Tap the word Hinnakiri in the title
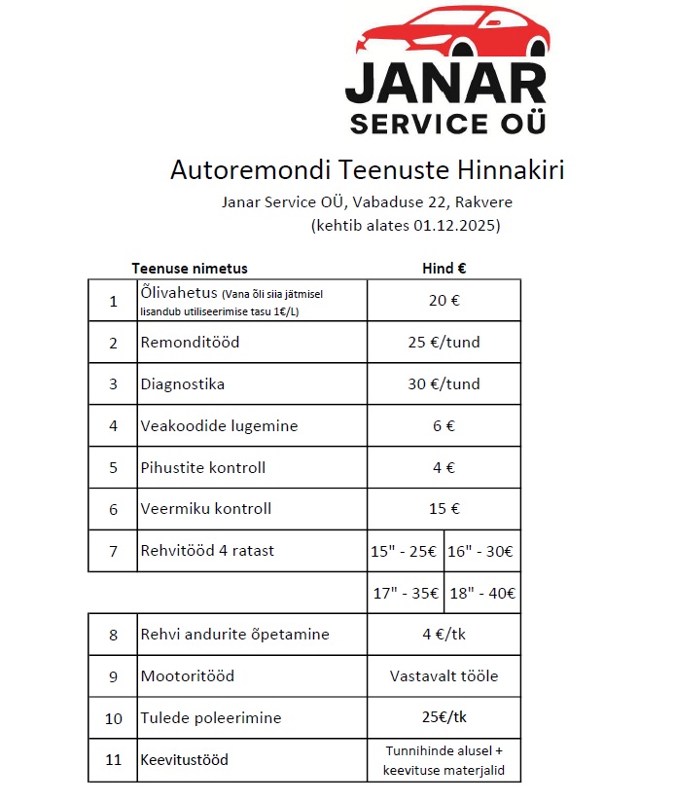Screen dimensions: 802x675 (508, 169)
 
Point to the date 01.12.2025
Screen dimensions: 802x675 (450, 226)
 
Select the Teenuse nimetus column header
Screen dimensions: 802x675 (190, 269)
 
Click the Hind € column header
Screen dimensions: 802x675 (444, 269)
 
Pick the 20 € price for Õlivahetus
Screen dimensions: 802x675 (444, 300)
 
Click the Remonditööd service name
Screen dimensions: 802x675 (190, 343)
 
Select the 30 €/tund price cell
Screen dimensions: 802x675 (444, 383)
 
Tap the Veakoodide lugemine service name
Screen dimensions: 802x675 (219, 425)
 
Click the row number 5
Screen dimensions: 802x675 (113, 467)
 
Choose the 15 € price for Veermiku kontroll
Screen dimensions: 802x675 (444, 508)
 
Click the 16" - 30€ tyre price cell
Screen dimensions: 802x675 (480, 551)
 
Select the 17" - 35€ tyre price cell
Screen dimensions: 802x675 (405, 593)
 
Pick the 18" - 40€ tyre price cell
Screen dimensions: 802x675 (481, 593)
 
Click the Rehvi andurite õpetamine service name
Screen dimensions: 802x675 (234, 635)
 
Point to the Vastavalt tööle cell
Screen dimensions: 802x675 (444, 675)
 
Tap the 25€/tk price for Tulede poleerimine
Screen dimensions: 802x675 (444, 717)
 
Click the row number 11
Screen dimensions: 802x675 (113, 759)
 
